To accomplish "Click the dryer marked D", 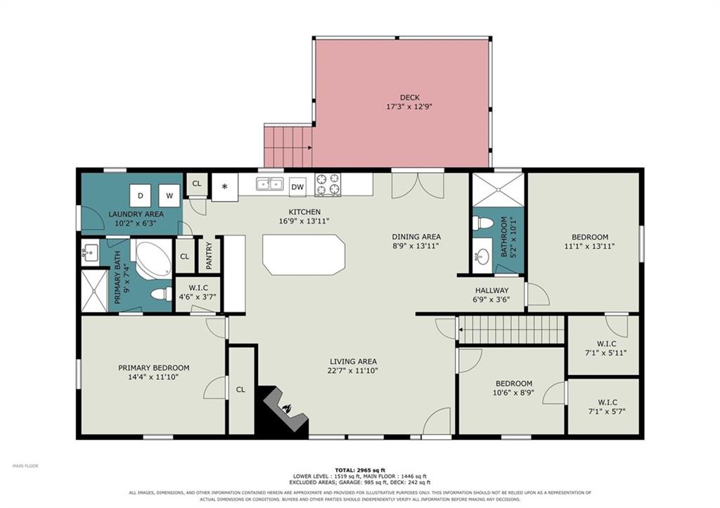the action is [x=141, y=196].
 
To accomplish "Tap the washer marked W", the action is [x=169, y=196].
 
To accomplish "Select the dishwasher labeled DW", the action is [x=297, y=187].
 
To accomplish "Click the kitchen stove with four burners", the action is [x=328, y=184].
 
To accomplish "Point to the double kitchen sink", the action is [x=269, y=184].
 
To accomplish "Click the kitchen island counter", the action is [x=304, y=254].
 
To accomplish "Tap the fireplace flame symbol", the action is [x=287, y=408].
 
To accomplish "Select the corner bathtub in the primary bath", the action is [x=152, y=258].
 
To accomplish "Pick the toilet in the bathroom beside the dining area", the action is [x=482, y=223].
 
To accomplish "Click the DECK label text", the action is [x=410, y=97].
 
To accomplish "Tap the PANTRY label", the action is [x=210, y=256].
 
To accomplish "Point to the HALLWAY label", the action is [x=491, y=290].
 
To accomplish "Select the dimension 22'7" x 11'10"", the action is [x=353, y=371].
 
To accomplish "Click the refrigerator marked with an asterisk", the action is [x=224, y=187].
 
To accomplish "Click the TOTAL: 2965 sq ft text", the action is [x=360, y=470].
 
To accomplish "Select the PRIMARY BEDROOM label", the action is [x=154, y=367].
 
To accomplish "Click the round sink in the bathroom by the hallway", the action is [x=482, y=255].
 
